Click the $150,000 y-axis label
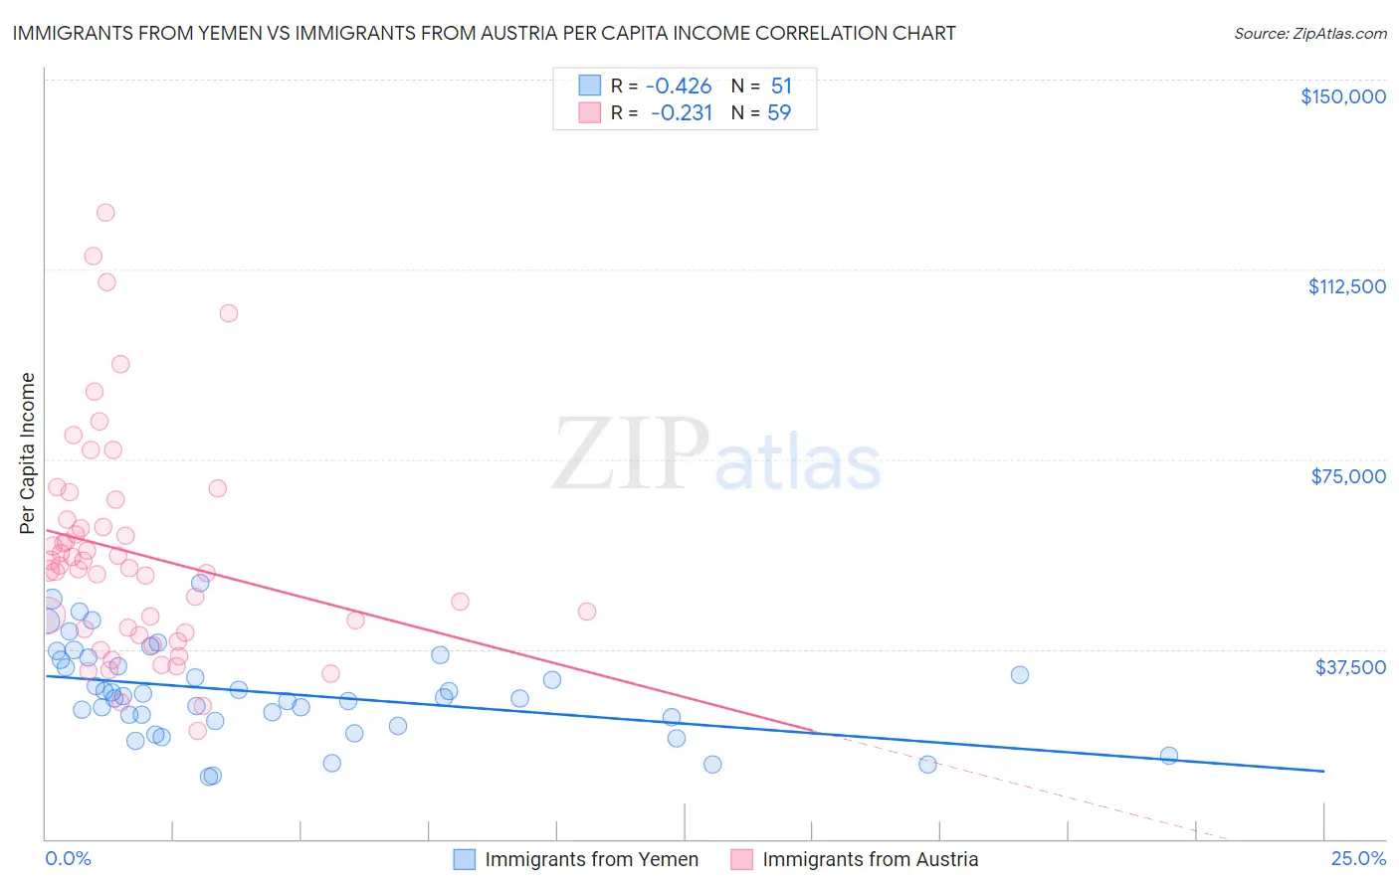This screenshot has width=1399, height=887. pos(1342,96)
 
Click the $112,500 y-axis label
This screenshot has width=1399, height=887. pos(1346,286)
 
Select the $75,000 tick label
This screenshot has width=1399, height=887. pos(1348,476)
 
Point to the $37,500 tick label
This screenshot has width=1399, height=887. pos(1350,667)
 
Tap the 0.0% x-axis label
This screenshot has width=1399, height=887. pos(68,859)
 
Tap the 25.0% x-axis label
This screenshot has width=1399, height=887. pos(1358,859)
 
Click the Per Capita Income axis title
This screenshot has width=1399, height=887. pos(27,453)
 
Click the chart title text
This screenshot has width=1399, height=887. pos(484,33)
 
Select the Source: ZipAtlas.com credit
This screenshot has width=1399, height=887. pos(1309,34)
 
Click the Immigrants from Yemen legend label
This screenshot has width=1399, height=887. pos(591,859)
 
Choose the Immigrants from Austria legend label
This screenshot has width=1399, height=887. pos(870,859)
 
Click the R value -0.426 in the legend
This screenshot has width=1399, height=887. pos(679,87)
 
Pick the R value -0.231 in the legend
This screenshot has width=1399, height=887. pos(682,113)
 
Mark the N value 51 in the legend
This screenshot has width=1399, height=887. pos(781,87)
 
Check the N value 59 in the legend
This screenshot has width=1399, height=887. pos(779,113)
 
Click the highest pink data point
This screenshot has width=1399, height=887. pos(105,213)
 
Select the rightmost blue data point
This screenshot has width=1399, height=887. pos(1169,756)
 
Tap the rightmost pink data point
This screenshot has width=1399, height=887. pos(587,612)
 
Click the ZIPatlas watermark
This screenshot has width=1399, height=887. pos(716,455)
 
